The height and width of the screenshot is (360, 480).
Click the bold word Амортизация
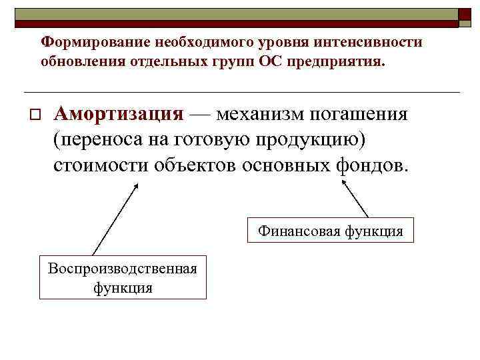pos(118,113)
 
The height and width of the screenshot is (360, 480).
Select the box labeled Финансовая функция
pos(331,231)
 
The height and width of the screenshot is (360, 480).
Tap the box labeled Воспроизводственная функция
pos(123,278)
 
